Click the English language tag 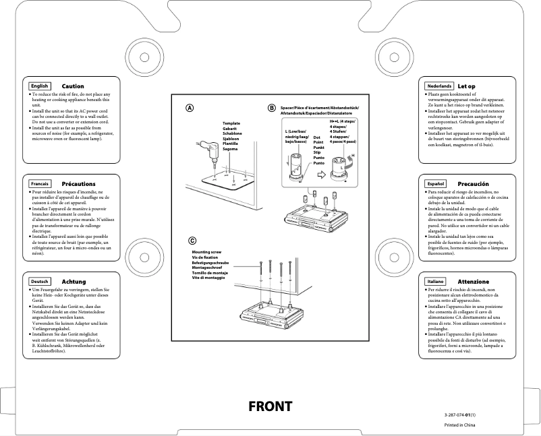[40, 86]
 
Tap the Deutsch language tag [40, 281]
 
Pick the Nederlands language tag [438, 86]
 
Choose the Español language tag [435, 183]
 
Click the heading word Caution [73, 86]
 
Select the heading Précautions [78, 183]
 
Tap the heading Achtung [74, 281]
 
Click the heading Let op [466, 86]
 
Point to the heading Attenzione [473, 281]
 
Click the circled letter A [190, 108]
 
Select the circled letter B [272, 108]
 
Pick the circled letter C [192, 240]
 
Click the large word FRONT [270, 406]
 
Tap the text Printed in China [459, 425]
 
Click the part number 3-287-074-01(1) [460, 412]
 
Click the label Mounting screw [206, 251]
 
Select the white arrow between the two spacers [322, 174]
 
